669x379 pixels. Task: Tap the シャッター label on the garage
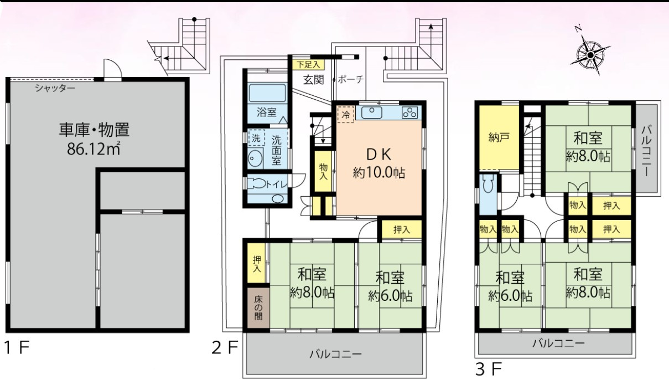(x=55, y=88)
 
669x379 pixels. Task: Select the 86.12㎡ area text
(x=94, y=148)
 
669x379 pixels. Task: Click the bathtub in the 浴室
(x=267, y=93)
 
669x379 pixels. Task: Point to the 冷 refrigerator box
(x=346, y=114)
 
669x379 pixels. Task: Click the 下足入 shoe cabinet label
(x=308, y=64)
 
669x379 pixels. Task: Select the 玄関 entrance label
(x=313, y=80)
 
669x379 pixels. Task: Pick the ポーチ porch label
(x=351, y=80)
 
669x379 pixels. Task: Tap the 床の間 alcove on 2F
(x=258, y=308)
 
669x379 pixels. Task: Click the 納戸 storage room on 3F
(x=499, y=137)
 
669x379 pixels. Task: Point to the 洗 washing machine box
(x=257, y=138)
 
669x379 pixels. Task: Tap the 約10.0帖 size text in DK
(x=378, y=173)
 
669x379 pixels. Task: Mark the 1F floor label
(x=17, y=347)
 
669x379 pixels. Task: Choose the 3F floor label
(x=489, y=369)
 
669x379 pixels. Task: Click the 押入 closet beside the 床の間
(x=256, y=263)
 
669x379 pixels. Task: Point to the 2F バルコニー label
(x=335, y=355)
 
